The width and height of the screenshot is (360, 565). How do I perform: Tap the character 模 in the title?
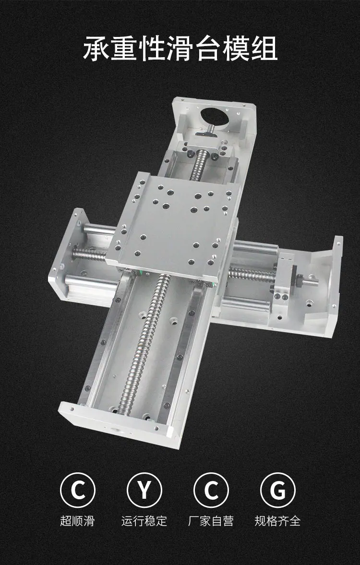click(x=236, y=48)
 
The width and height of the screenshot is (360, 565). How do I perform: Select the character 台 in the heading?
click(x=208, y=48)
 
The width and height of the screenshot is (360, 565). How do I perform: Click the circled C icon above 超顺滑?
click(x=77, y=490)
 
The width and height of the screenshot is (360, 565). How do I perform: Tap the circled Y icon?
click(x=144, y=490)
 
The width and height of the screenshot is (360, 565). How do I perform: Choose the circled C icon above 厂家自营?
click(x=211, y=490)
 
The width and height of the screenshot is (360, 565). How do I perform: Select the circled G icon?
click(x=277, y=490)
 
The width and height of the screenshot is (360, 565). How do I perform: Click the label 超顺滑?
click(x=77, y=521)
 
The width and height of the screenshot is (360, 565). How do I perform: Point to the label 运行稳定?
click(x=144, y=521)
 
